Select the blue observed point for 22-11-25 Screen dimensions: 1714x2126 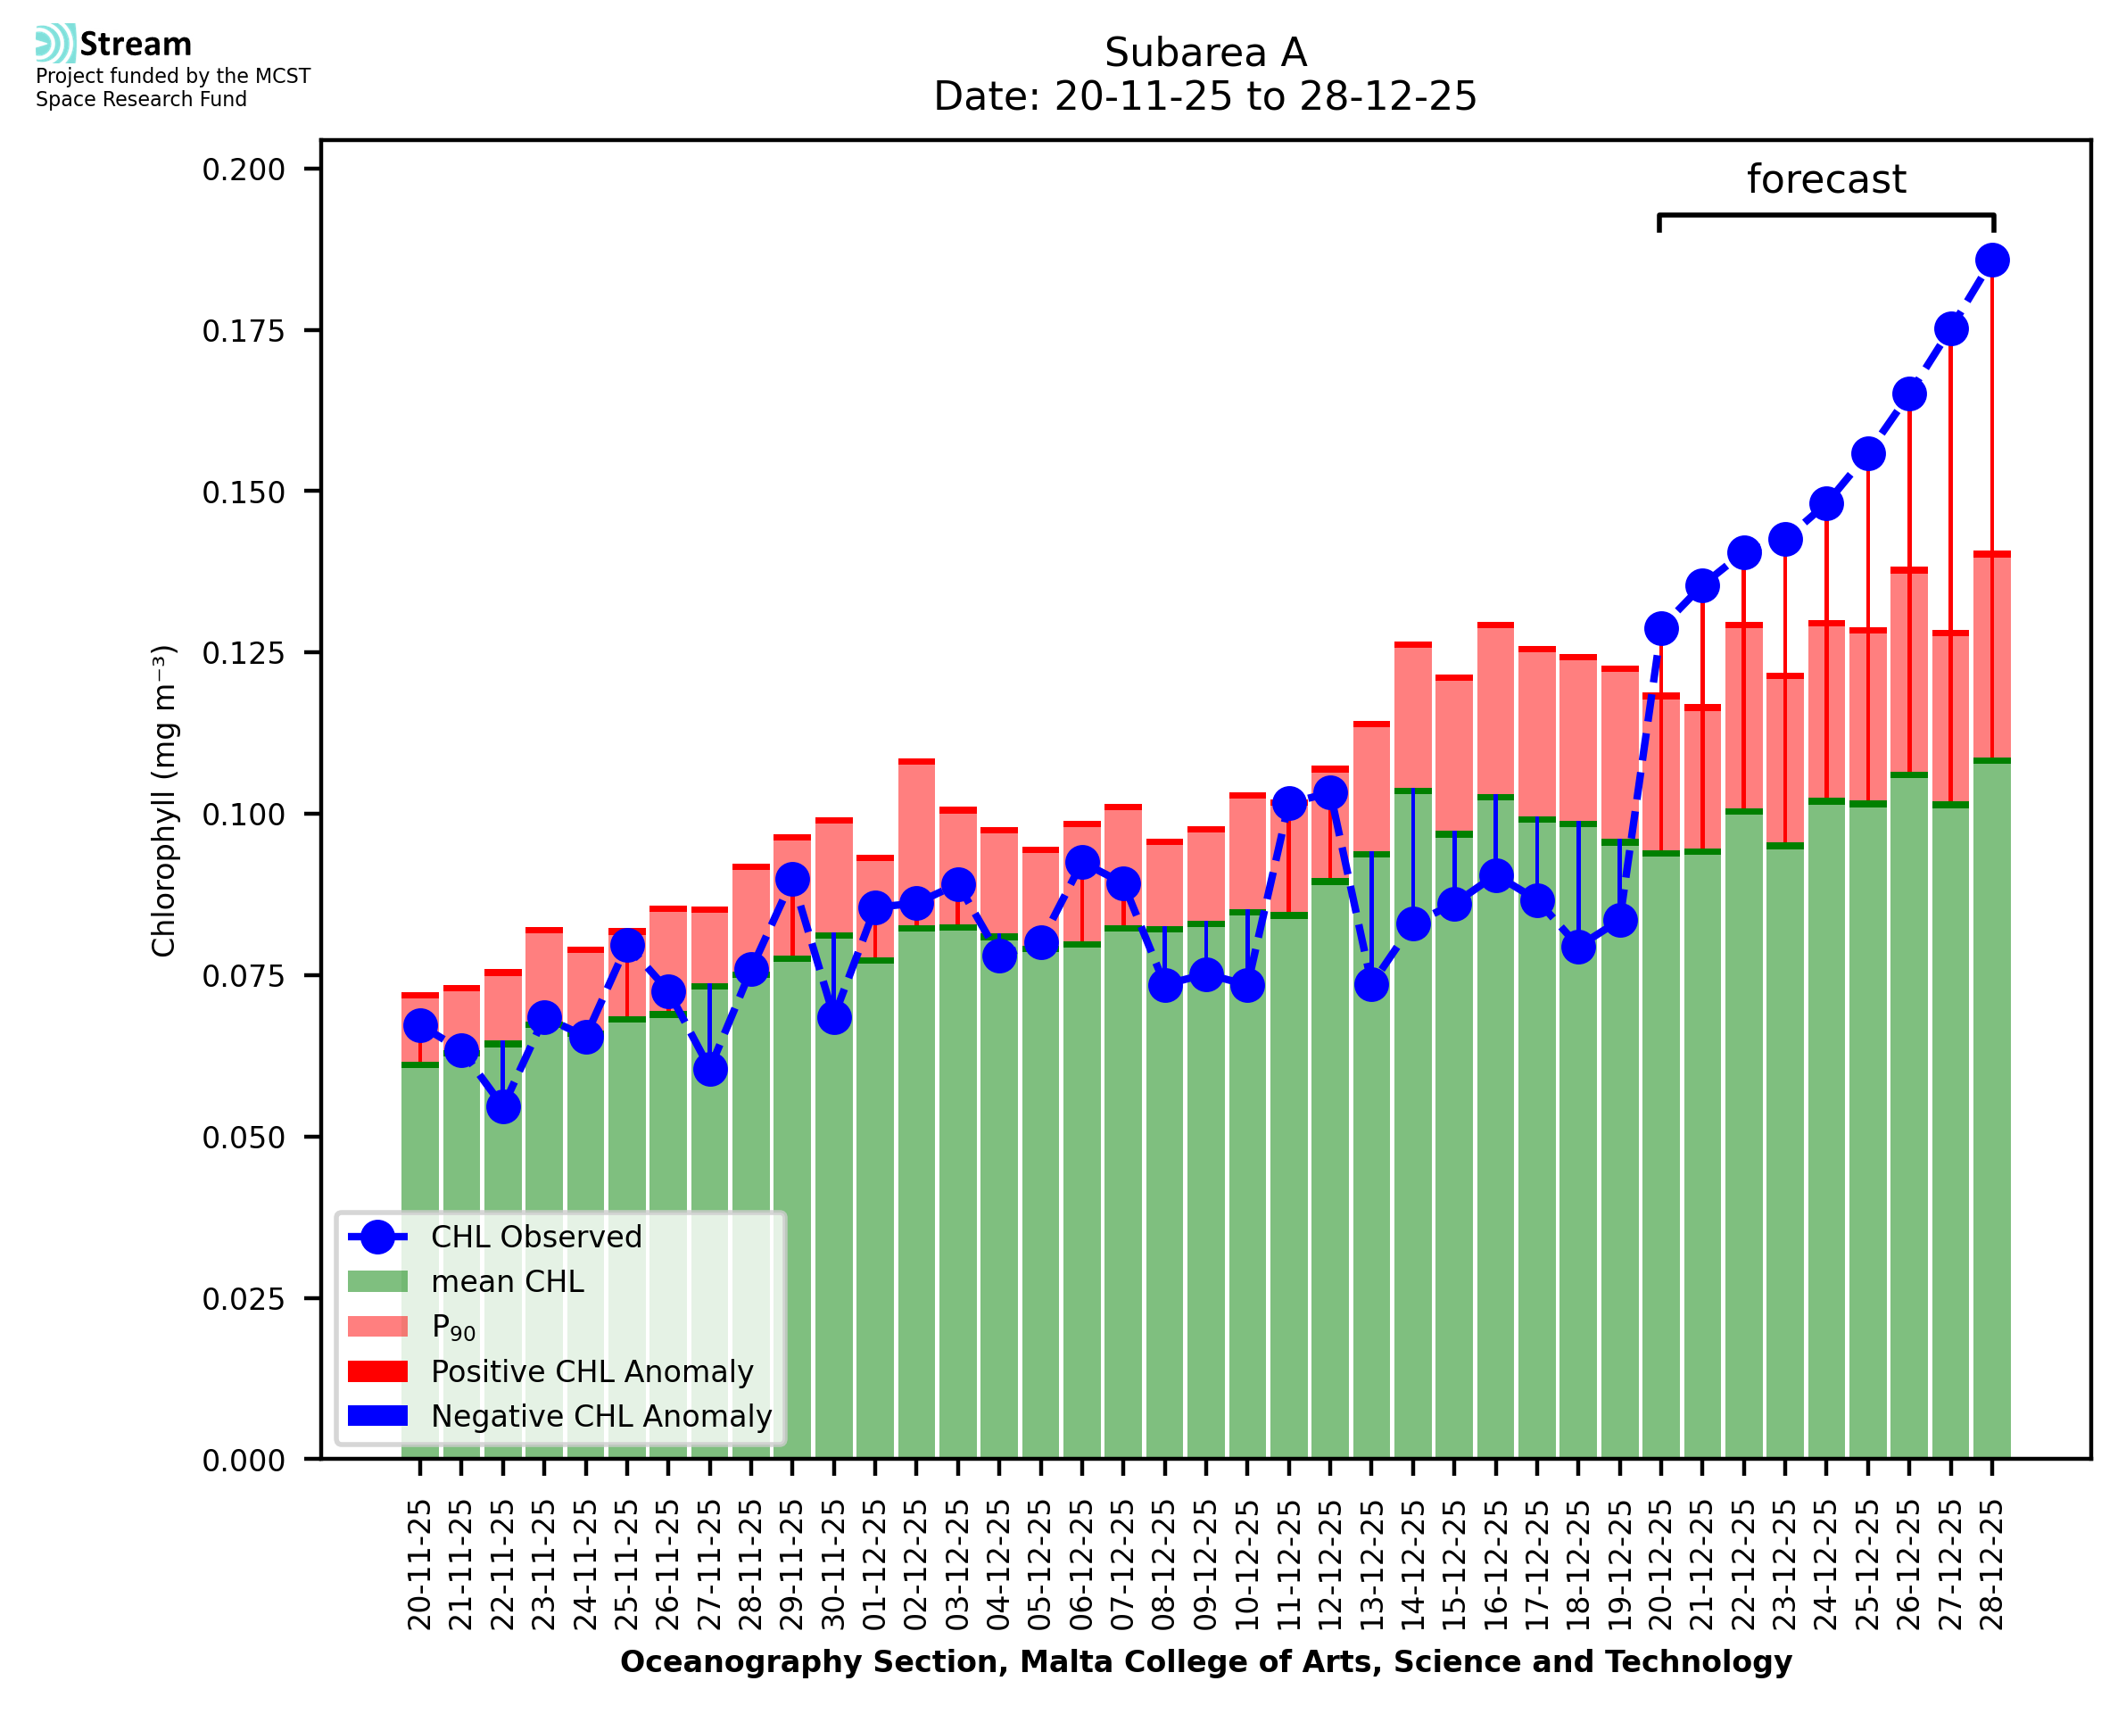pyautogui.click(x=502, y=1106)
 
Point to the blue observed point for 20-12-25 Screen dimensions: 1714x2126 pyautogui.click(x=1661, y=629)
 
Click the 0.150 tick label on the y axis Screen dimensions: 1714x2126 pyautogui.click(x=243, y=492)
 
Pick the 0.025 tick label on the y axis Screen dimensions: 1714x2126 pyautogui.click(x=243, y=1298)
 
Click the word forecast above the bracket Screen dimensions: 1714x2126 pyautogui.click(x=1826, y=179)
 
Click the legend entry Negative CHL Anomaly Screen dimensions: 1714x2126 pyautogui.click(x=600, y=1416)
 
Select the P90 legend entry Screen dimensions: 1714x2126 pyautogui.click(x=453, y=1327)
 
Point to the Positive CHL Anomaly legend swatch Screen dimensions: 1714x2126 pyautogui.click(x=377, y=1371)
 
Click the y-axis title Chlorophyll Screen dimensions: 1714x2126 pyautogui.click(x=163, y=800)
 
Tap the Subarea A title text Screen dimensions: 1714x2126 pyautogui.click(x=1205, y=53)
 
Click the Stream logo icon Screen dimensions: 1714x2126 pyautogui.click(x=56, y=44)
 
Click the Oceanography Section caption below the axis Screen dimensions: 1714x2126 pyautogui.click(x=1205, y=1661)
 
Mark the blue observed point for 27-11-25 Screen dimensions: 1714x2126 pyautogui.click(x=709, y=1069)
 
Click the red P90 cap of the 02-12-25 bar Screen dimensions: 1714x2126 pyautogui.click(x=916, y=761)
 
